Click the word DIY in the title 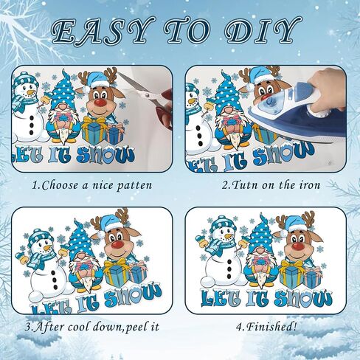262,32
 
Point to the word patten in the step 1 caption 134,186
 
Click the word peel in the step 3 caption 136,328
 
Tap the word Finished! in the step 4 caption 271,327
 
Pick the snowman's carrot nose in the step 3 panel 47,248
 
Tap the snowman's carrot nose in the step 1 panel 30,93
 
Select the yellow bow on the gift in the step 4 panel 291,265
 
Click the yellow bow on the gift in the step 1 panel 94,120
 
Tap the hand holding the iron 327,90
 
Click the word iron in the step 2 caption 310,185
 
